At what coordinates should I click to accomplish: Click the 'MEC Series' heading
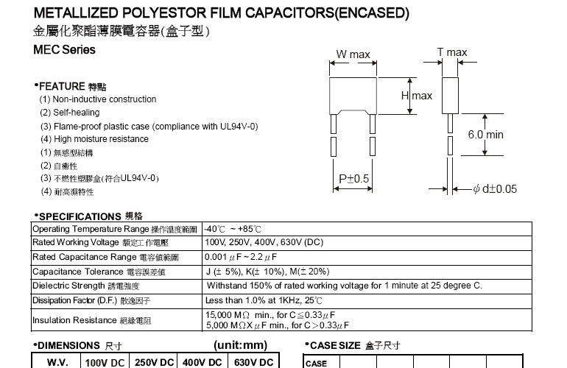(x=65, y=50)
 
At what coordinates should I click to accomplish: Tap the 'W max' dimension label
(x=353, y=54)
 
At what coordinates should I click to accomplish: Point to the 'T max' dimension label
(x=451, y=52)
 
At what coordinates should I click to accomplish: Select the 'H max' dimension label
(x=416, y=96)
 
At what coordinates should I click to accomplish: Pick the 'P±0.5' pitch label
(x=353, y=180)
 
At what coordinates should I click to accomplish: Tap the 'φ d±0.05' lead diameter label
(x=495, y=189)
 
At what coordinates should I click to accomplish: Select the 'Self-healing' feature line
(x=76, y=113)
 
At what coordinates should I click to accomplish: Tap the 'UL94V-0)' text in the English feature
(x=239, y=126)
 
